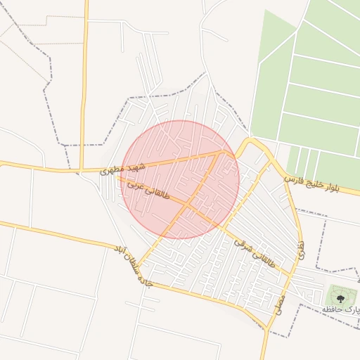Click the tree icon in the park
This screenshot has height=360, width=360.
[x=341, y=299]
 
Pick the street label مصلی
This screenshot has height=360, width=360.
[x=279, y=304]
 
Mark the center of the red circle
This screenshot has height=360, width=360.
[x=181, y=179]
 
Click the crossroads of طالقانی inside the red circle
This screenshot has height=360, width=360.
[x=188, y=205]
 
